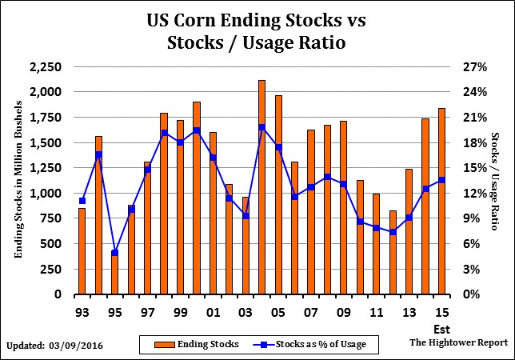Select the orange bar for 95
tap(114, 273)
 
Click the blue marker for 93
tap(82, 201)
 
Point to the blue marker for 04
tap(261, 127)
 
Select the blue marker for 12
tap(393, 232)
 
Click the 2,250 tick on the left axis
tap(44, 67)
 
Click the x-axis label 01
tap(213, 310)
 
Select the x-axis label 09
tap(344, 310)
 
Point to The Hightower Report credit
tap(457, 342)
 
